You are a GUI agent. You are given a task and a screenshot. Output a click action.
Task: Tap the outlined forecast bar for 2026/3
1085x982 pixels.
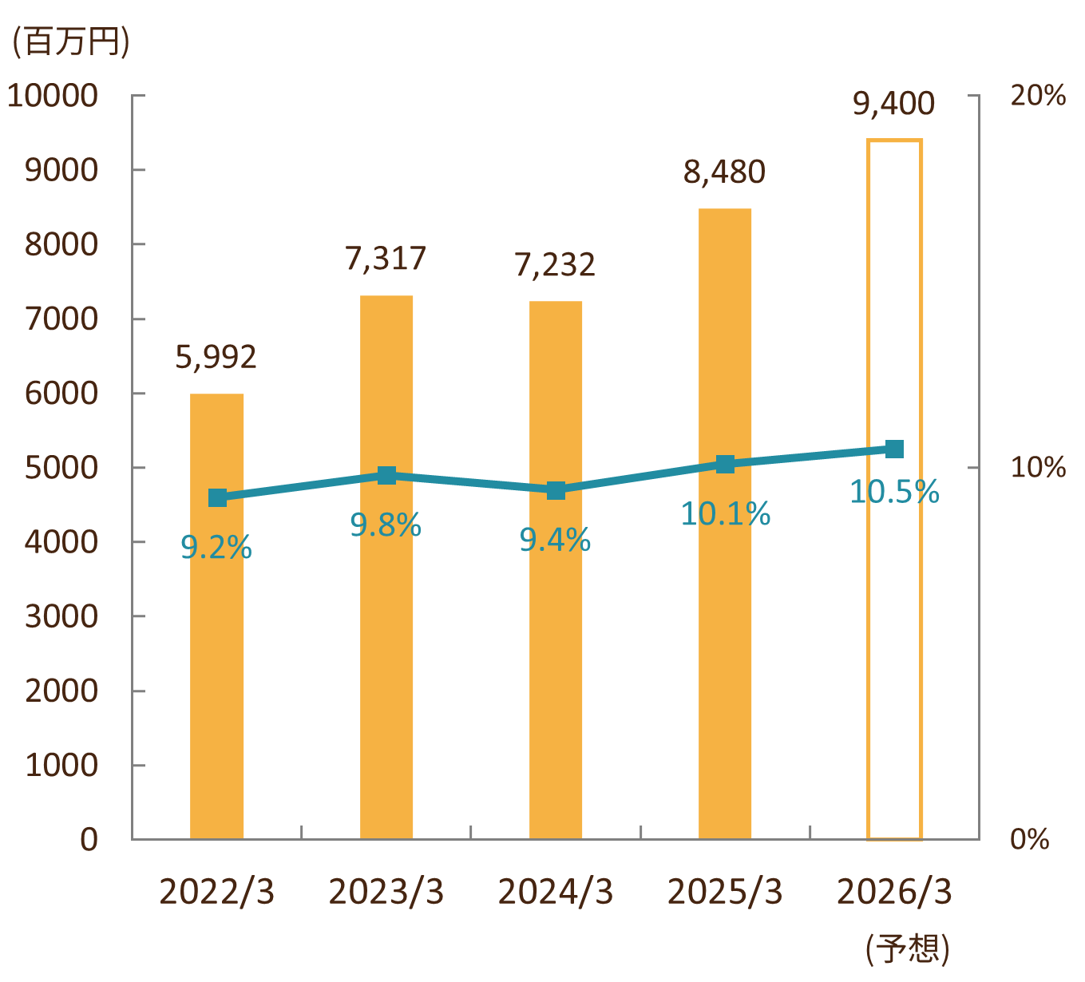(894, 639)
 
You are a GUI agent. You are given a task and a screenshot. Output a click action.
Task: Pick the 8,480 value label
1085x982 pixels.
(724, 172)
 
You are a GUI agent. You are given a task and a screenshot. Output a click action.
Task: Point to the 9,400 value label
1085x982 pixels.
(893, 104)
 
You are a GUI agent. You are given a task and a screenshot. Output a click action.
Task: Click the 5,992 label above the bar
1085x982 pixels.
(216, 357)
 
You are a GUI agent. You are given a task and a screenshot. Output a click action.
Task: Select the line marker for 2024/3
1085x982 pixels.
(556, 490)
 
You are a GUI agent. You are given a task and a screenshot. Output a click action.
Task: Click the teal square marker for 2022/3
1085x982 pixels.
(217, 497)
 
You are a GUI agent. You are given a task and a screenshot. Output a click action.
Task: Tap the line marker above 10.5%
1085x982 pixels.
(894, 449)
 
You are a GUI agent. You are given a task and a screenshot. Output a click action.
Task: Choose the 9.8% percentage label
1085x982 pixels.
(386, 525)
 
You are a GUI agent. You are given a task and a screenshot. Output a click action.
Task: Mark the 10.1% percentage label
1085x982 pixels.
(725, 514)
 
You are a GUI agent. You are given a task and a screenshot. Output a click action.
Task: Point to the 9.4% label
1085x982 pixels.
(555, 540)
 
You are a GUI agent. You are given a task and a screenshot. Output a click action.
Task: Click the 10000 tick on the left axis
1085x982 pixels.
(53, 96)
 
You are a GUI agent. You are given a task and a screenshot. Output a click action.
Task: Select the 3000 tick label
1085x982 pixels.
(61, 616)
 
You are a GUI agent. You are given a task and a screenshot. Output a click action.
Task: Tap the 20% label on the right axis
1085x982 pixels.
(1038, 96)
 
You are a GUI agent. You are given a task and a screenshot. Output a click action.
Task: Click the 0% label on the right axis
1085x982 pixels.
(1030, 839)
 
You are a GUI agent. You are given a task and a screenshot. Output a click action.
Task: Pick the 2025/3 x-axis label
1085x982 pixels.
(725, 892)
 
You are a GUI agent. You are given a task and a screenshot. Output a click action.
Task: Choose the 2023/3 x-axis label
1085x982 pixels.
(386, 892)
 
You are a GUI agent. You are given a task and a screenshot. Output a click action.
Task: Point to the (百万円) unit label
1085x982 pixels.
(70, 42)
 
